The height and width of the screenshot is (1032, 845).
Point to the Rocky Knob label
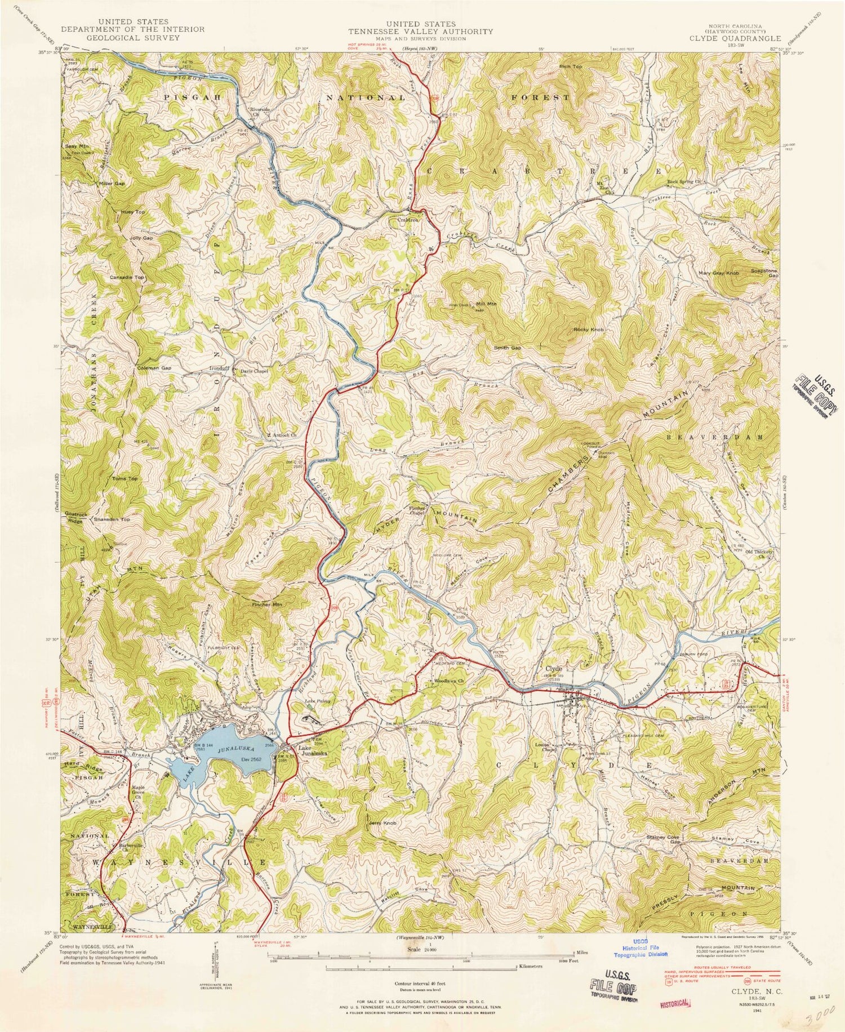tap(588, 330)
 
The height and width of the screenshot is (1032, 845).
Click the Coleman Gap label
tap(154, 368)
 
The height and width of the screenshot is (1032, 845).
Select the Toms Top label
tap(124, 478)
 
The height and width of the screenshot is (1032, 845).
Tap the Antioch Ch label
tap(282, 435)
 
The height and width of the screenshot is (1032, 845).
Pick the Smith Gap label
tap(507, 348)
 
